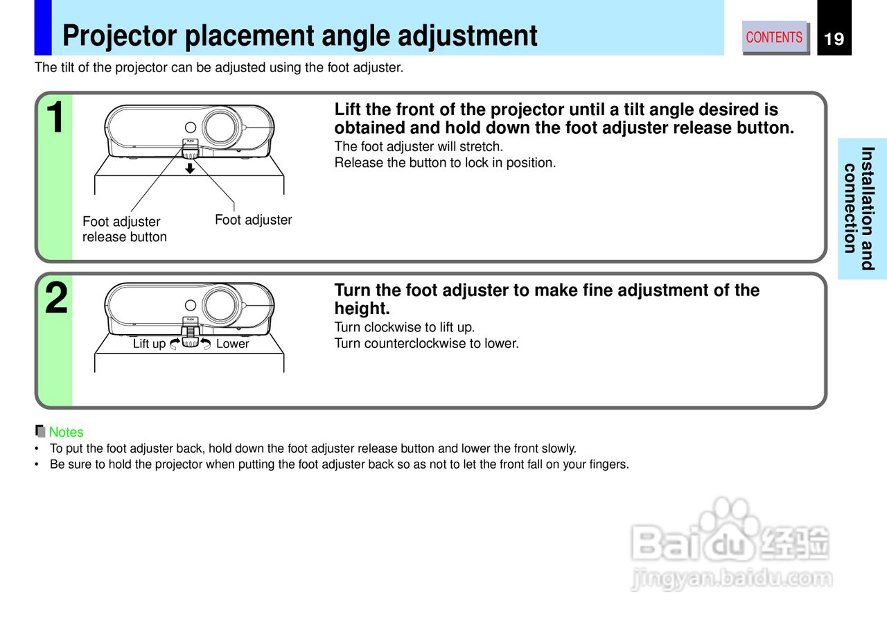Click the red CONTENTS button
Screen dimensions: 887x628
[x=774, y=37]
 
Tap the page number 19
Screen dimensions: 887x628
[x=834, y=39]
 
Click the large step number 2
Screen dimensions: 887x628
[x=56, y=299]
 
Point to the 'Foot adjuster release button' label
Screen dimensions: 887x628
[x=124, y=229]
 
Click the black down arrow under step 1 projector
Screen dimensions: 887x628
[x=189, y=168]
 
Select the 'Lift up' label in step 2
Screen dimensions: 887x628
[x=149, y=344]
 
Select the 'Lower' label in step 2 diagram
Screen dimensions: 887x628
[x=232, y=344]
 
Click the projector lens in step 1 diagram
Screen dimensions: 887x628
[x=221, y=126]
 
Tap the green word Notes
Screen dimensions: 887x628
[x=66, y=433]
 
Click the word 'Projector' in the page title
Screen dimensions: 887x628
[x=125, y=36]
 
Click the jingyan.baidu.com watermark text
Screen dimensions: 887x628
[x=731, y=578]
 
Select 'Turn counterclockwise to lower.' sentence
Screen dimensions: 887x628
[x=426, y=344]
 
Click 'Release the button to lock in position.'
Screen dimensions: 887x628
[x=445, y=164]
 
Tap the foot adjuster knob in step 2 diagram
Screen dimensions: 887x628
[x=190, y=342]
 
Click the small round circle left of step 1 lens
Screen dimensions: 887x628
[x=191, y=128]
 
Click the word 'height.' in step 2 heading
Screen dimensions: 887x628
[x=362, y=309]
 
